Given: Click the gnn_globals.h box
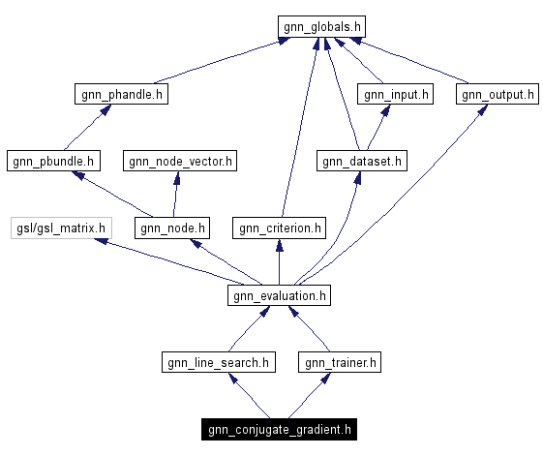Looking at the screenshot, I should [x=322, y=27].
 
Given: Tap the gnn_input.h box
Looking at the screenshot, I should [x=395, y=94].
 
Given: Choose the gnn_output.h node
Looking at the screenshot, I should [x=497, y=94].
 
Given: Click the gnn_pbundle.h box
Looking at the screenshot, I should [x=53, y=161].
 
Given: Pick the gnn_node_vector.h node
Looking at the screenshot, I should [x=179, y=161].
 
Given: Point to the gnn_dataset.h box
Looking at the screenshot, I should [x=361, y=161].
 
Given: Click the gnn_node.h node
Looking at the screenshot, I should [x=172, y=228].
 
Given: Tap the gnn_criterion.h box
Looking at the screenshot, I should [x=279, y=228].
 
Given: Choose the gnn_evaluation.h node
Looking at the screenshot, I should [x=279, y=294].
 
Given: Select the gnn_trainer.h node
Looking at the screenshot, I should [x=340, y=362].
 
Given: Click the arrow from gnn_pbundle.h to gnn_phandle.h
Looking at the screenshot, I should [x=84, y=128].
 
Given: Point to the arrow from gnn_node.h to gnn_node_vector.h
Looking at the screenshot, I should [x=175, y=195].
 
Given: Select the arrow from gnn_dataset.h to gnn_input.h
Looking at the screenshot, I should [x=378, y=128].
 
